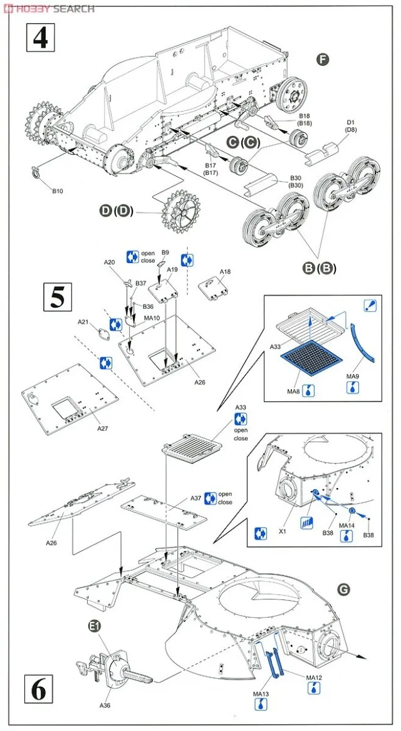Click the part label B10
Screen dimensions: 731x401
pos(58,190)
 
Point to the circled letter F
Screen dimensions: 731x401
pos(323,60)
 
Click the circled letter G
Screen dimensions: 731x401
pos(343,589)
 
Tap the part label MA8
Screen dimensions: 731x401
pos(294,391)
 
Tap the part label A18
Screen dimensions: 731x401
pos(226,272)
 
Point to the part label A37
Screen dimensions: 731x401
pos(196,498)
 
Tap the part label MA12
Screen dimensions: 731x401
pos(314,678)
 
